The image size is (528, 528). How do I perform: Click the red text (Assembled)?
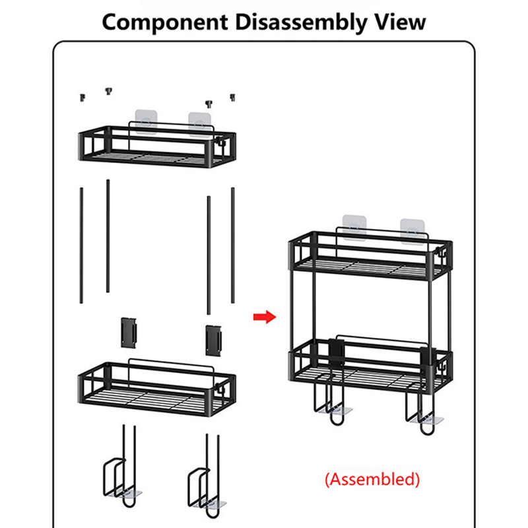tap(372, 478)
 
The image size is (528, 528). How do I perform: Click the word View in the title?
tap(400, 21)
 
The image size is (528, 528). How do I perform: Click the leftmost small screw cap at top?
tap(82, 98)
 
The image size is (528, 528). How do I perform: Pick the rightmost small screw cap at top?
tap(232, 98)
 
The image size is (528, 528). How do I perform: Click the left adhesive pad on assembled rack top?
tap(354, 226)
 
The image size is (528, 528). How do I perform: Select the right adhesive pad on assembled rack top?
tap(413, 228)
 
